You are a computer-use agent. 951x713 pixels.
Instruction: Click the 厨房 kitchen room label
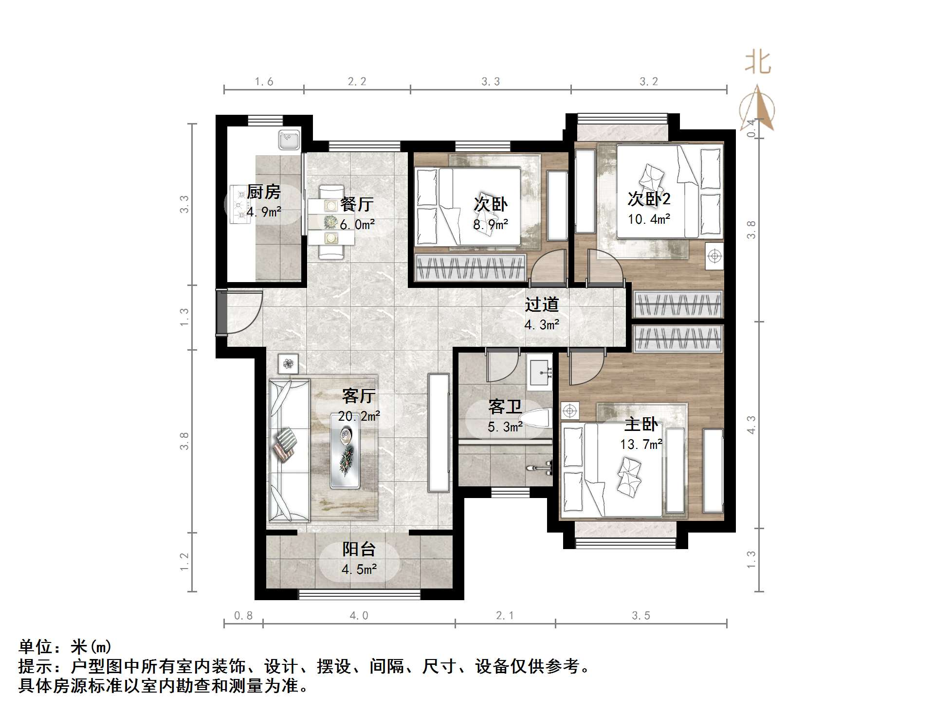(x=263, y=192)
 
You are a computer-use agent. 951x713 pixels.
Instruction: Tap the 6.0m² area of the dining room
(x=357, y=225)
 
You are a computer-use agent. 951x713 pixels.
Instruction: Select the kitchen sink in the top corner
(x=290, y=140)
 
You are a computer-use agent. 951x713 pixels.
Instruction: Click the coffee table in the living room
(x=345, y=451)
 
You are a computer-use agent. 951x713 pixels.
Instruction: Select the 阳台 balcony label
(x=359, y=549)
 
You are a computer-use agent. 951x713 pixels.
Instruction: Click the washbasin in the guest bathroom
(x=540, y=373)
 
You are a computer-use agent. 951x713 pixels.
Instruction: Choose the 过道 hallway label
(x=541, y=305)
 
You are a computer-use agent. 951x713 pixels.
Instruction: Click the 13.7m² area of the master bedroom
(x=640, y=445)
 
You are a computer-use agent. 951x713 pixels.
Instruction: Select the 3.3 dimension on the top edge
(x=490, y=82)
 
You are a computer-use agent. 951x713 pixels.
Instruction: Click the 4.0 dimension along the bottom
(x=359, y=616)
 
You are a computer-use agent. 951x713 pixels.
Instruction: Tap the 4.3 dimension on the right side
(x=751, y=425)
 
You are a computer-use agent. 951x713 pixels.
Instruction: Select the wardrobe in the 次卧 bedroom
(x=470, y=267)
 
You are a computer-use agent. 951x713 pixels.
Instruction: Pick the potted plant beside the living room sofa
(x=289, y=364)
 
